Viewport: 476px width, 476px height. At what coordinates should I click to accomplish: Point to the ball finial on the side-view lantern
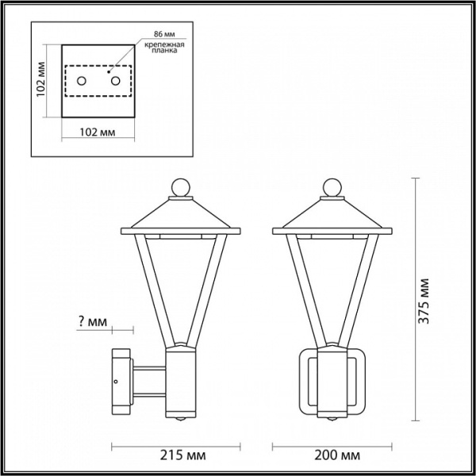pos(182,188)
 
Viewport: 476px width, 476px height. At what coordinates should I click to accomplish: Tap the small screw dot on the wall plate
pos(117,383)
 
